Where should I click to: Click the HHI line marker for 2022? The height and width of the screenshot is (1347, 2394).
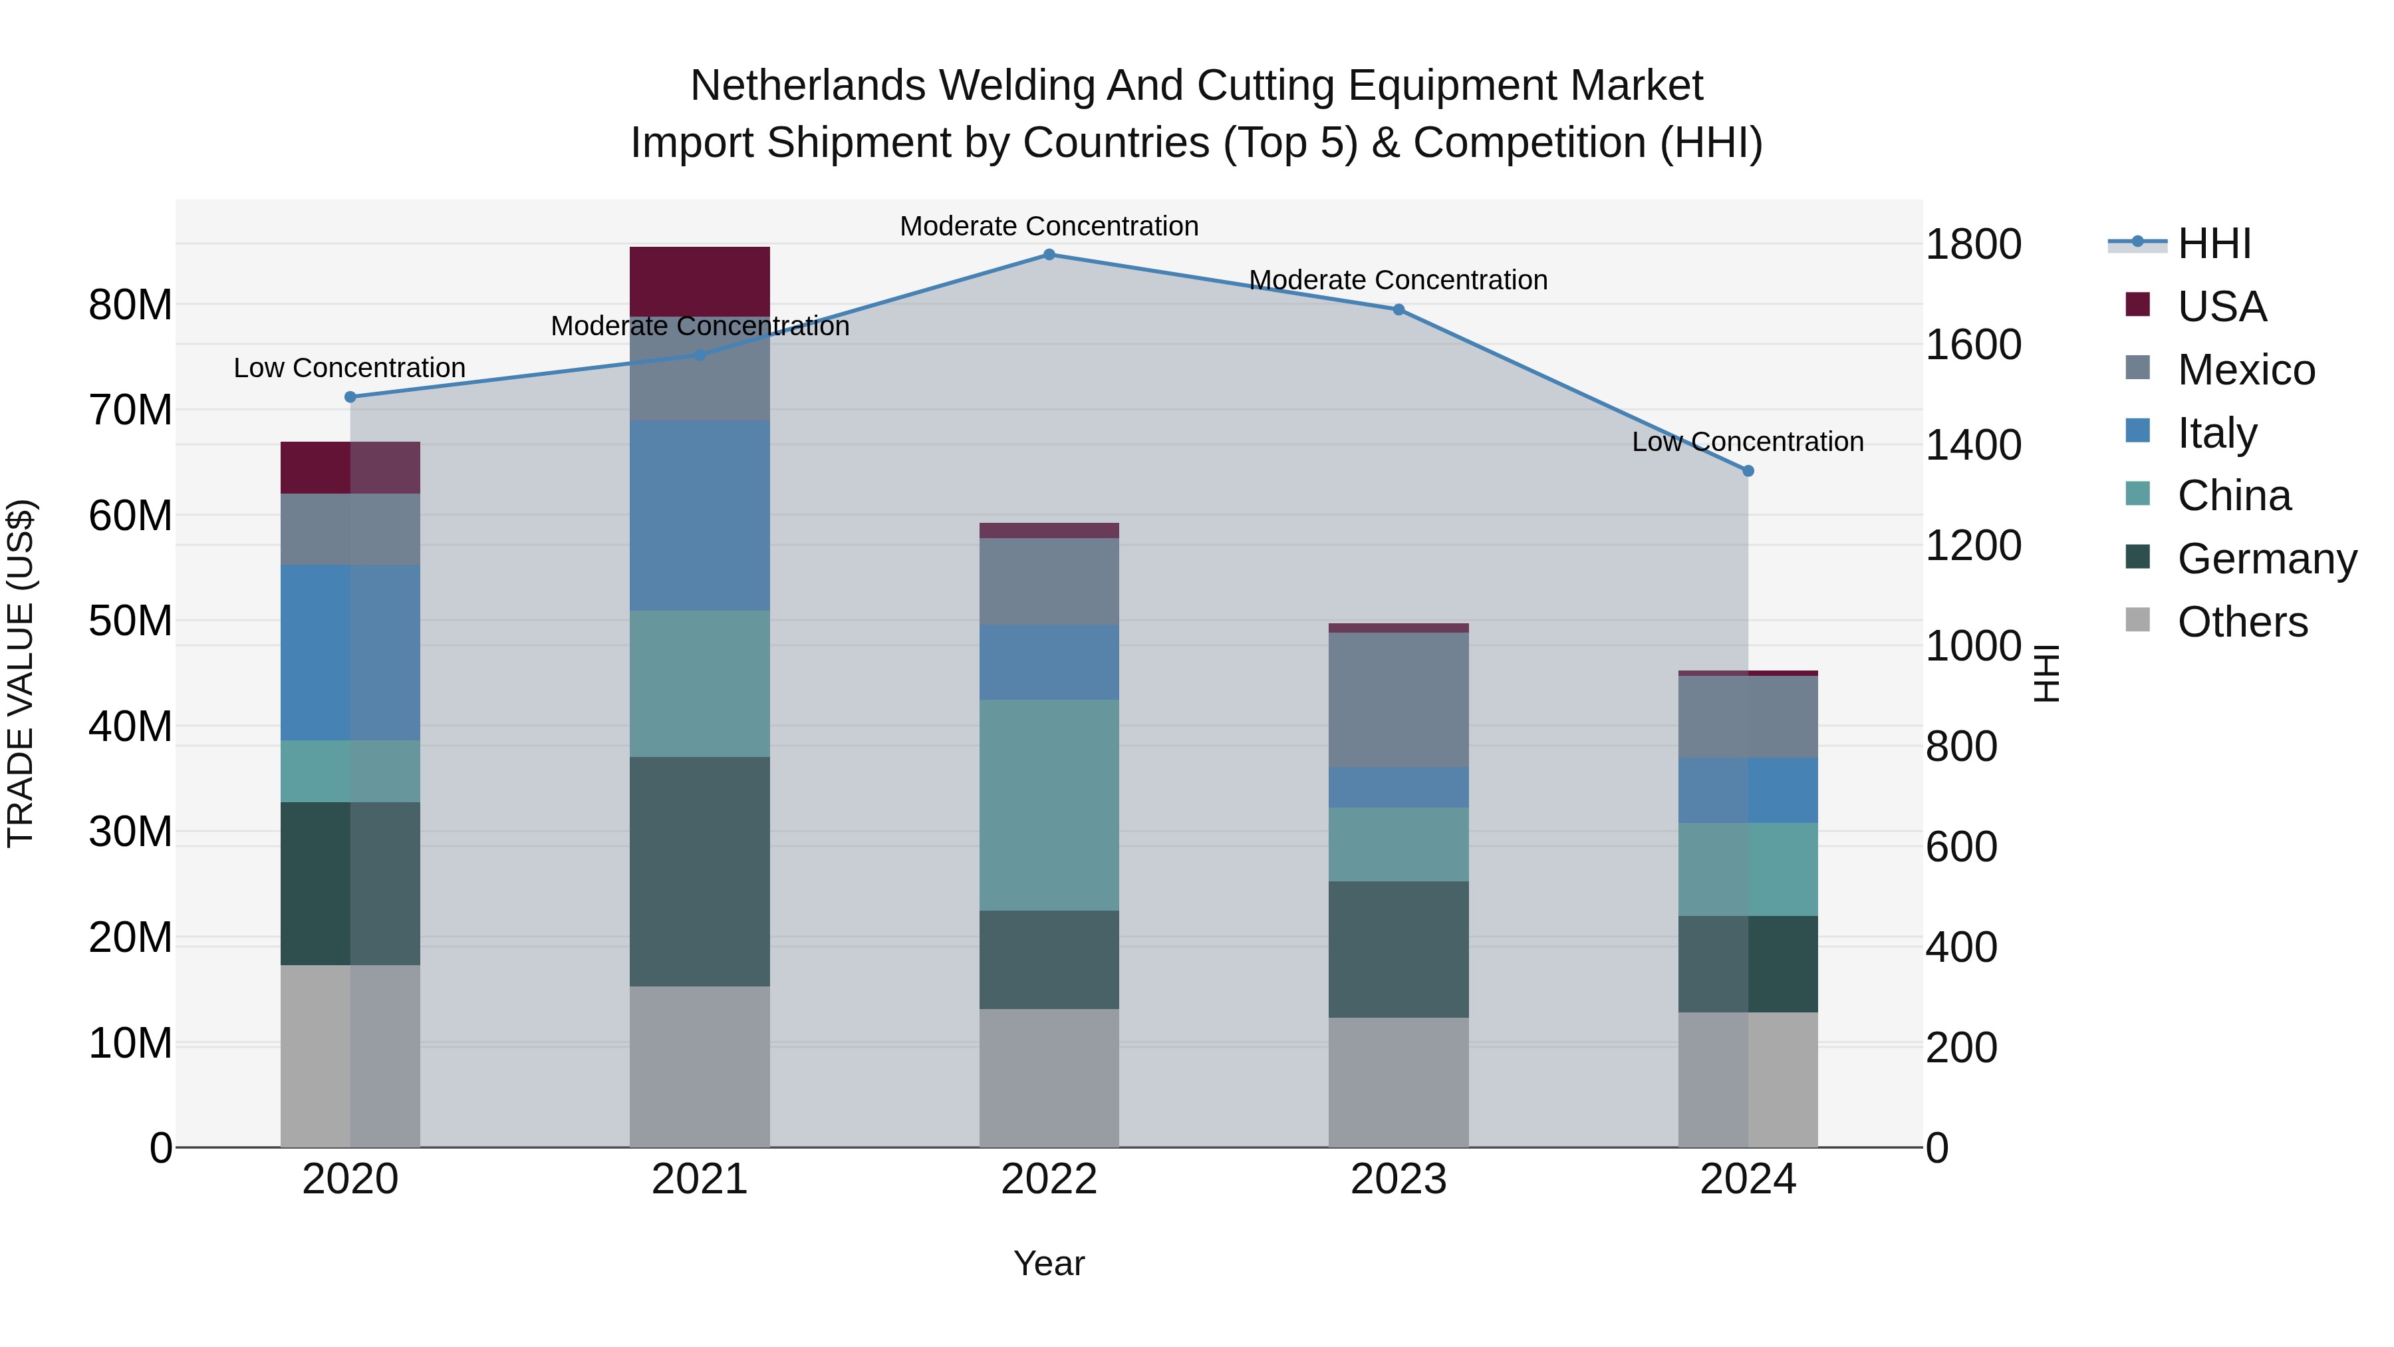1049,254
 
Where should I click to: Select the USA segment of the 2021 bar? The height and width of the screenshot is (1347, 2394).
700,281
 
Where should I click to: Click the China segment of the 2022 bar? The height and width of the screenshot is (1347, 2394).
1049,805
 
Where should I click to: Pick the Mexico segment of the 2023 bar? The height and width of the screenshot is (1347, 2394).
1398,699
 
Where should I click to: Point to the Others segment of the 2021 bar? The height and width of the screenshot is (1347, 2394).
700,1066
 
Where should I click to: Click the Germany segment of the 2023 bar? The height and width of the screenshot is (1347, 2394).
1398,949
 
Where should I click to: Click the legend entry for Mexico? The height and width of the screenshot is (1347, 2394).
2245,370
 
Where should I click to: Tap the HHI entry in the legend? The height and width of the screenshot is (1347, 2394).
2214,243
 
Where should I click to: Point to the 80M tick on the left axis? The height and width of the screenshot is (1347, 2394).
130,305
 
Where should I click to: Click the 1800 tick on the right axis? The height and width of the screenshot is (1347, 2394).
1973,245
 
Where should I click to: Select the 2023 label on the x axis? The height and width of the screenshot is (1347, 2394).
1398,1179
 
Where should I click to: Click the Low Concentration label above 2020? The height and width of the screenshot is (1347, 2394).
349,368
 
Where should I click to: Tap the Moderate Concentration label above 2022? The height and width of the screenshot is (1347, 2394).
1049,226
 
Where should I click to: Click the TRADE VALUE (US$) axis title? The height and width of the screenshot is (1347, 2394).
21,673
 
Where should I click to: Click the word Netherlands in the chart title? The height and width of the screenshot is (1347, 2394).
807,86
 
